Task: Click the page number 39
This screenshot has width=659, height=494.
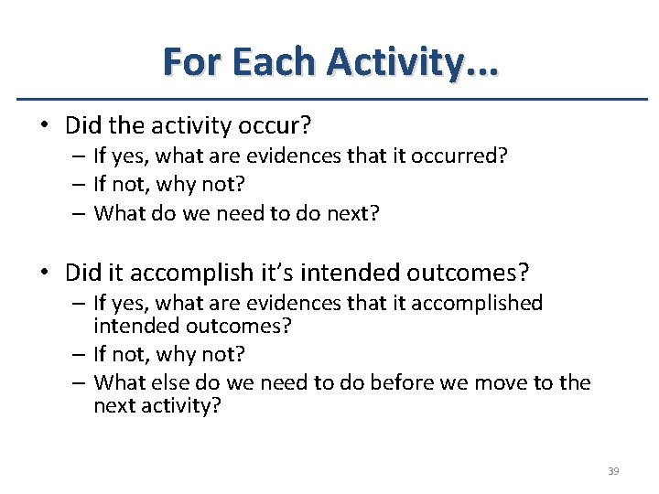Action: tap(613, 471)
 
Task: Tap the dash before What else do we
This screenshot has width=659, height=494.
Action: tap(81, 382)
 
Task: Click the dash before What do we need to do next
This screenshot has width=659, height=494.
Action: tap(81, 213)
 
